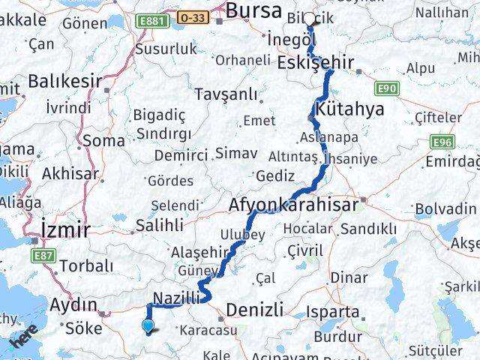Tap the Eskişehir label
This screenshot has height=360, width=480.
pos(315,63)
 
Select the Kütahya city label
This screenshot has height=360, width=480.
pos(349,109)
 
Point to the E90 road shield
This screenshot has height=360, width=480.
pos(388,88)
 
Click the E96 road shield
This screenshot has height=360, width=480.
pos(442,141)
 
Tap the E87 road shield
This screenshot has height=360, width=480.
pos(44,256)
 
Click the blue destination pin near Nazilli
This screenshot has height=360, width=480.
pos(148,325)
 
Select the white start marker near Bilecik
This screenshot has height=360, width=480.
pos(310,19)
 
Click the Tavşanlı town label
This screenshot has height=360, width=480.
pos(225,94)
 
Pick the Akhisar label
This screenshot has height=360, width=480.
pos(70,173)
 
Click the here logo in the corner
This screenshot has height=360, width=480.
pos(23,339)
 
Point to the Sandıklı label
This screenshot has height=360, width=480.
pos(368,229)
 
